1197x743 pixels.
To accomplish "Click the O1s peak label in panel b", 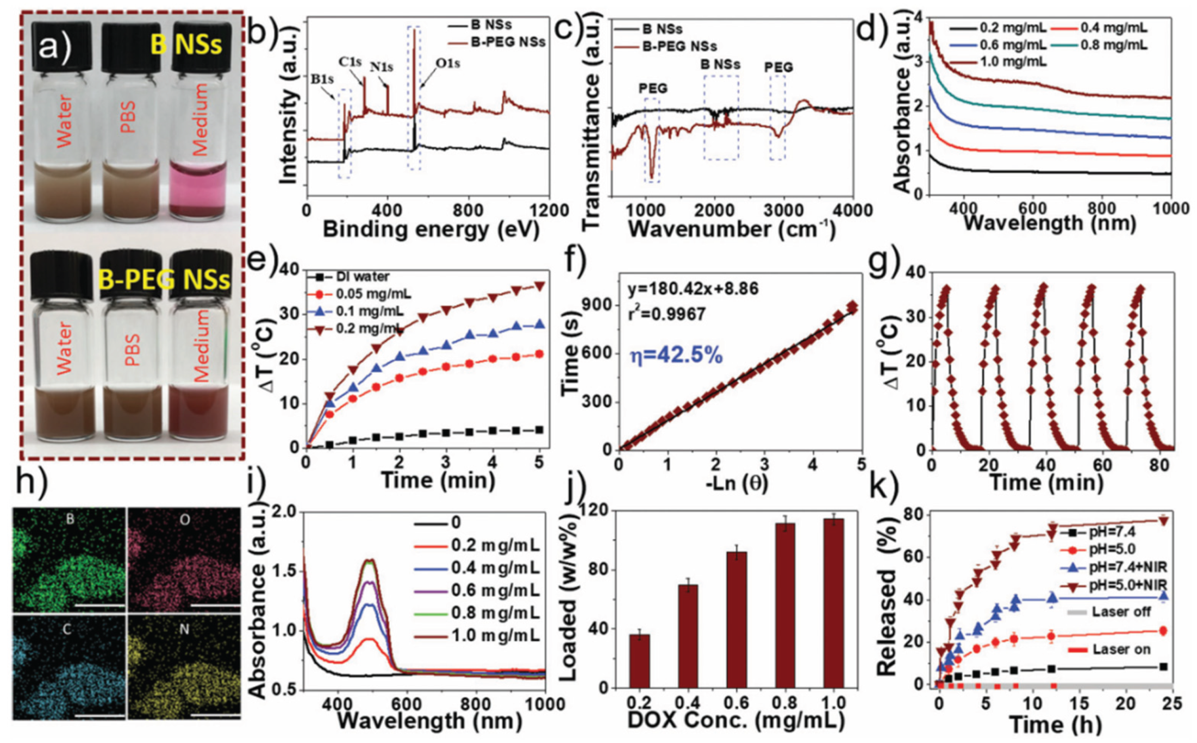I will click(447, 64).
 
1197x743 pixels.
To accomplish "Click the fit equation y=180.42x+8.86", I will click(693, 289).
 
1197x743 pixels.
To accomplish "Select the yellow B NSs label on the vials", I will click(186, 43).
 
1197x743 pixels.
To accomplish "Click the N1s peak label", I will click(382, 67).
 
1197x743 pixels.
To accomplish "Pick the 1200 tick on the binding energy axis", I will click(549, 210).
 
